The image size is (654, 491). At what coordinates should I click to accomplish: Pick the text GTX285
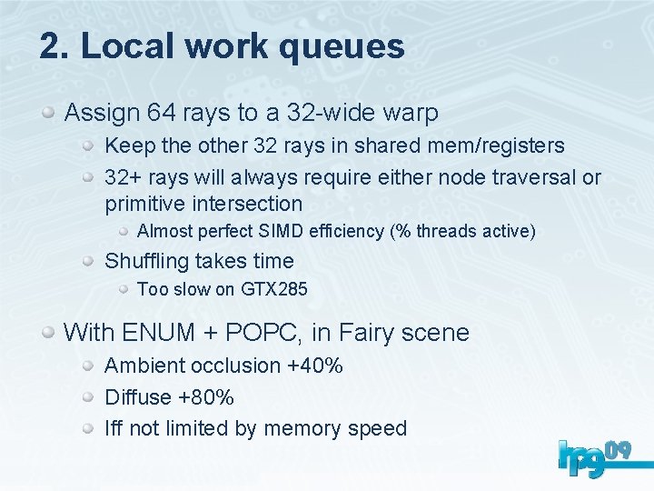[274, 290]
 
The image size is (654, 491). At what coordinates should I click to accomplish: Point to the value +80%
[206, 397]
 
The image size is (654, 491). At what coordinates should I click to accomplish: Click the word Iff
[114, 428]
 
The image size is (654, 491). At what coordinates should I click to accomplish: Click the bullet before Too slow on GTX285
[126, 290]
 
